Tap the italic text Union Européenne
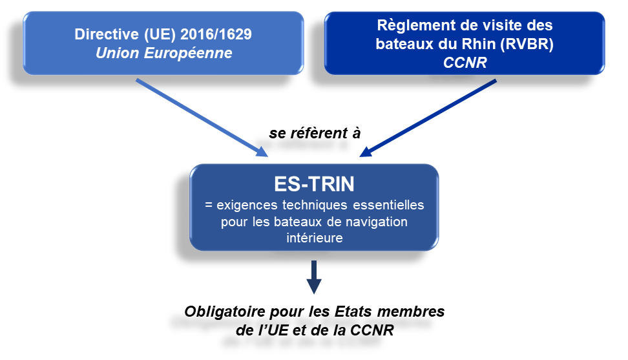point(163,53)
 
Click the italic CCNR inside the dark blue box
point(464,63)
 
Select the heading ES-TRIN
point(314,184)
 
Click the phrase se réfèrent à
point(315,133)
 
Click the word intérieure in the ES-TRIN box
point(314,238)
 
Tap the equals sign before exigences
point(208,206)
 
